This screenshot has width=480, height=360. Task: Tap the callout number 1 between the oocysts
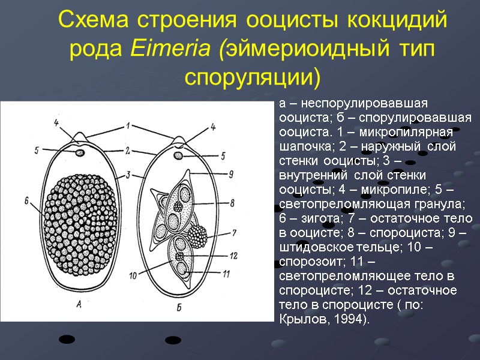(x=128, y=125)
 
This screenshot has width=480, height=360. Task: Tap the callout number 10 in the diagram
(x=133, y=276)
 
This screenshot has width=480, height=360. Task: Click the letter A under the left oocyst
(x=79, y=304)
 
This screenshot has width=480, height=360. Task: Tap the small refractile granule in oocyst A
(x=80, y=153)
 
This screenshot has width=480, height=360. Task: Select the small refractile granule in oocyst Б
(x=179, y=156)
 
